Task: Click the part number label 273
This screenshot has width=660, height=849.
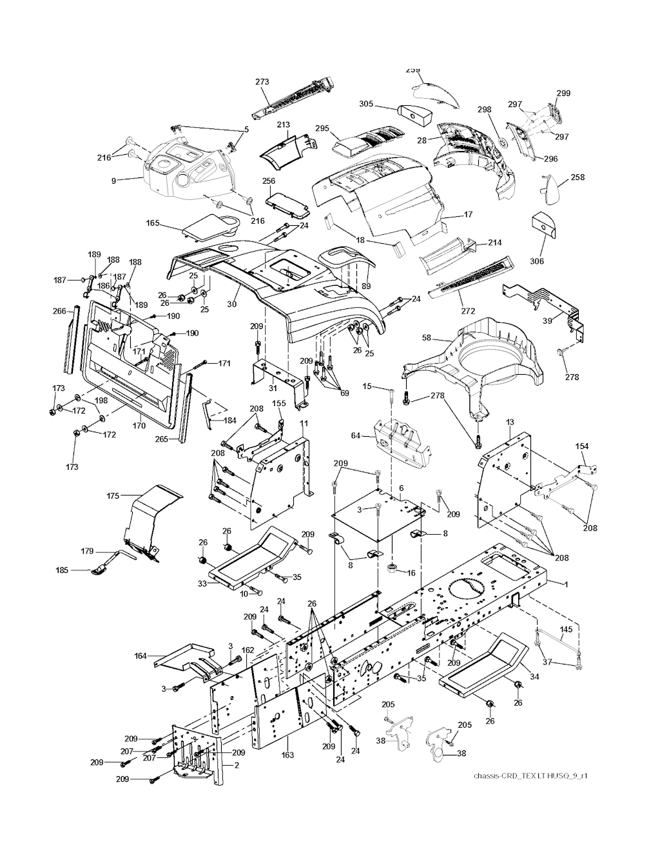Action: coord(262,82)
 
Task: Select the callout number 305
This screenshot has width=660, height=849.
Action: coord(366,104)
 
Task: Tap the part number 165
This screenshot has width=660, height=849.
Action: coord(153,223)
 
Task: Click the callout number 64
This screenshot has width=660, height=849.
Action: coord(355,436)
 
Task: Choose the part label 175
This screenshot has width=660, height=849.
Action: coord(113,495)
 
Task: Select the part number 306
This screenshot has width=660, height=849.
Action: coord(537,261)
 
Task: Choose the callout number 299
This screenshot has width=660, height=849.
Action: coord(563,93)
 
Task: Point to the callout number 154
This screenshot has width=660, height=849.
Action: coord(581,446)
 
